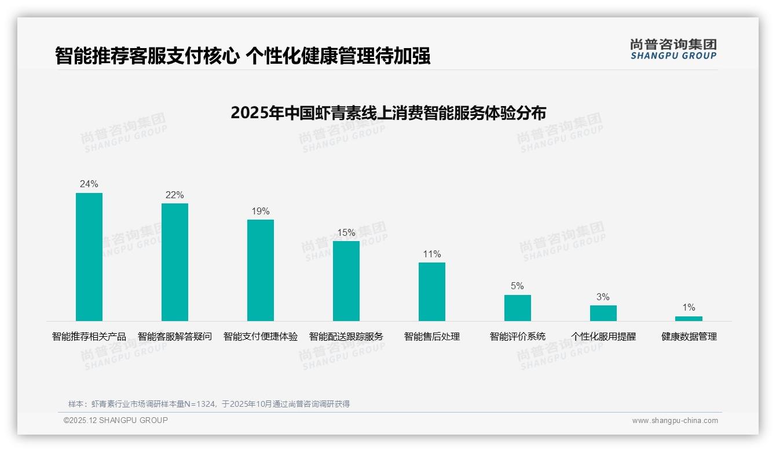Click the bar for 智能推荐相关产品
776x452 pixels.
(89, 257)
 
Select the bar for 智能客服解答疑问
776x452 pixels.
(175, 262)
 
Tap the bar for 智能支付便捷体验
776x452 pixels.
(261, 270)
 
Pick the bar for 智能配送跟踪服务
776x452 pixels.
(346, 281)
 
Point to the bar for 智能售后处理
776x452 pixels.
(432, 291)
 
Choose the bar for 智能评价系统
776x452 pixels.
(518, 308)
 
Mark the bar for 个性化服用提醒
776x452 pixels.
(603, 313)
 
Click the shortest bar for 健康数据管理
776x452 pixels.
(689, 319)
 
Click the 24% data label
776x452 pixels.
(89, 184)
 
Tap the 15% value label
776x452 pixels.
(346, 232)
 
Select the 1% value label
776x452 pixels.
(689, 308)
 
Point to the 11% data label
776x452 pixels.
(432, 254)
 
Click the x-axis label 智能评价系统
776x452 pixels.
(518, 337)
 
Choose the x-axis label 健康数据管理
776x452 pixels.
(689, 337)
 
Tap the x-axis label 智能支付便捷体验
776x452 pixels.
(261, 337)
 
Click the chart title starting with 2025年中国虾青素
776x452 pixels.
(388, 113)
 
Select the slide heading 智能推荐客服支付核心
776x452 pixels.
(243, 56)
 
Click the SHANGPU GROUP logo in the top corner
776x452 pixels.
(673, 50)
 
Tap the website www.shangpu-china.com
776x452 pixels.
(675, 421)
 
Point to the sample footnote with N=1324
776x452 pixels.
(209, 404)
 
